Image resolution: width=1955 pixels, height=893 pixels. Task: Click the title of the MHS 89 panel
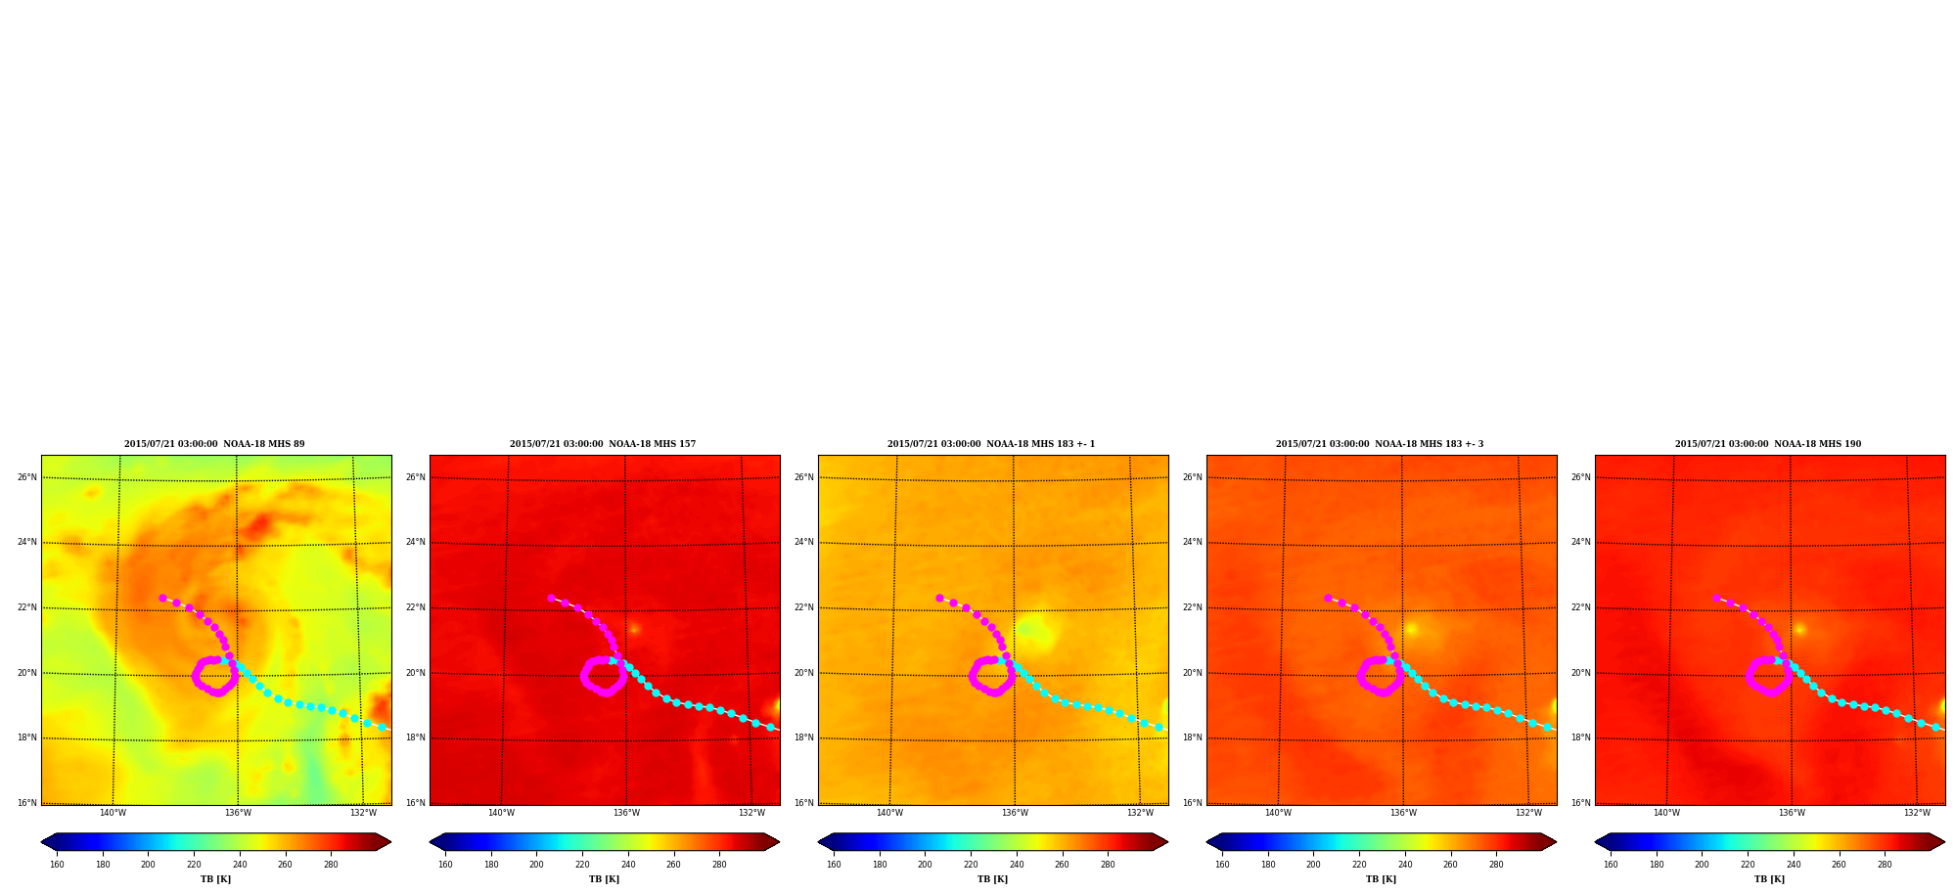214,444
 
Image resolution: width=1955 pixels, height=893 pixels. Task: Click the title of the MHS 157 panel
603,444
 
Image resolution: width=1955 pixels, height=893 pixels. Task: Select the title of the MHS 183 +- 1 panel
991,444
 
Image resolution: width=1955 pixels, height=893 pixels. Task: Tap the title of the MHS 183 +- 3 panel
1380,444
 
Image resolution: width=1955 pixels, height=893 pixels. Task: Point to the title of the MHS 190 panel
1768,444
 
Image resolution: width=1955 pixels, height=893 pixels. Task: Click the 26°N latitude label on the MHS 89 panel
27,477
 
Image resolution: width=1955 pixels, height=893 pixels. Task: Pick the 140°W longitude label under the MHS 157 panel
501,813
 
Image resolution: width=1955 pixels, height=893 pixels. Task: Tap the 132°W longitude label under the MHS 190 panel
1917,813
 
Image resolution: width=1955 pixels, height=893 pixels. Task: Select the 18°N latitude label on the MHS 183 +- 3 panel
1193,737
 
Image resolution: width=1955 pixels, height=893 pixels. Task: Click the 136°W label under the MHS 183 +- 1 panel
1015,813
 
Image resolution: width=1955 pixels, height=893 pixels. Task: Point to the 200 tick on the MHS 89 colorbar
148,865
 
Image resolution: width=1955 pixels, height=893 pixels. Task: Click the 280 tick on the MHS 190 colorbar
1885,865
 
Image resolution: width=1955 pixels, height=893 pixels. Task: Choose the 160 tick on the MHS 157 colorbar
445,865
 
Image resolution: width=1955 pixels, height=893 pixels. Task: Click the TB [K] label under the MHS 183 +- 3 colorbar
1381,879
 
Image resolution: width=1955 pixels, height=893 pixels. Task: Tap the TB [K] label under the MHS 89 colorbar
215,879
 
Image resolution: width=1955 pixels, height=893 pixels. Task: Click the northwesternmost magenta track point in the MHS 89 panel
162,598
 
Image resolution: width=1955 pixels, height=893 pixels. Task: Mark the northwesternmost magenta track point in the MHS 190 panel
1716,598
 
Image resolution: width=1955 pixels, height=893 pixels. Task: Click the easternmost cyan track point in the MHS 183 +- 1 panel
1159,727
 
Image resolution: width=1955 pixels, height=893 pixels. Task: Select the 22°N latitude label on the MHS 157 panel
416,607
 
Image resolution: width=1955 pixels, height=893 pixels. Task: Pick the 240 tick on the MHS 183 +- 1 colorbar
1017,865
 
